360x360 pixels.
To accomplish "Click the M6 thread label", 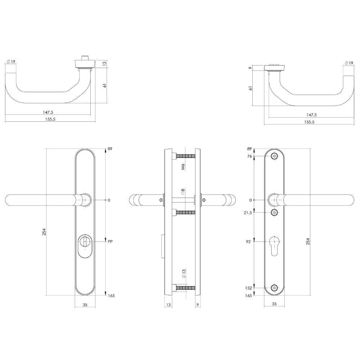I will click(183, 166).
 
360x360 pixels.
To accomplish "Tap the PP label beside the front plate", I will click(111, 242).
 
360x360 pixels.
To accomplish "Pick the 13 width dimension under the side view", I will click(168, 305).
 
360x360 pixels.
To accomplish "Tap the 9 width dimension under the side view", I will click(198, 305).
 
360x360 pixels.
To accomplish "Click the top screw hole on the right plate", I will click(275, 156).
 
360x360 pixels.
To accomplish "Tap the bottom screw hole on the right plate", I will click(275, 288).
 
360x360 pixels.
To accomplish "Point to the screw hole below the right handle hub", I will click(275, 213).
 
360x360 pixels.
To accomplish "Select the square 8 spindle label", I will click(183, 192).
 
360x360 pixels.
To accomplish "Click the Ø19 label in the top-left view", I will click(11, 62).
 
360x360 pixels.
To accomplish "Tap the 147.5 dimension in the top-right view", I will click(311, 115).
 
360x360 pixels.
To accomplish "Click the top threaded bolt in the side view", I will click(186, 156).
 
